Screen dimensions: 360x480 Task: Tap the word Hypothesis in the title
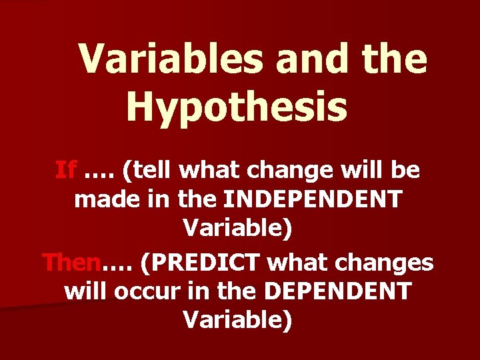coord(237,107)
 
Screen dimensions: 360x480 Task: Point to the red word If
coord(65,171)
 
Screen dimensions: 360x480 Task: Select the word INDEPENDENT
coord(313,199)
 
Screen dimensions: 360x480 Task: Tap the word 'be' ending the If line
coord(407,171)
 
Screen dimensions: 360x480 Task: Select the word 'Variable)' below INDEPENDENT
coord(237,228)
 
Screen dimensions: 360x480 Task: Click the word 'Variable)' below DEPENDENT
coord(237,320)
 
